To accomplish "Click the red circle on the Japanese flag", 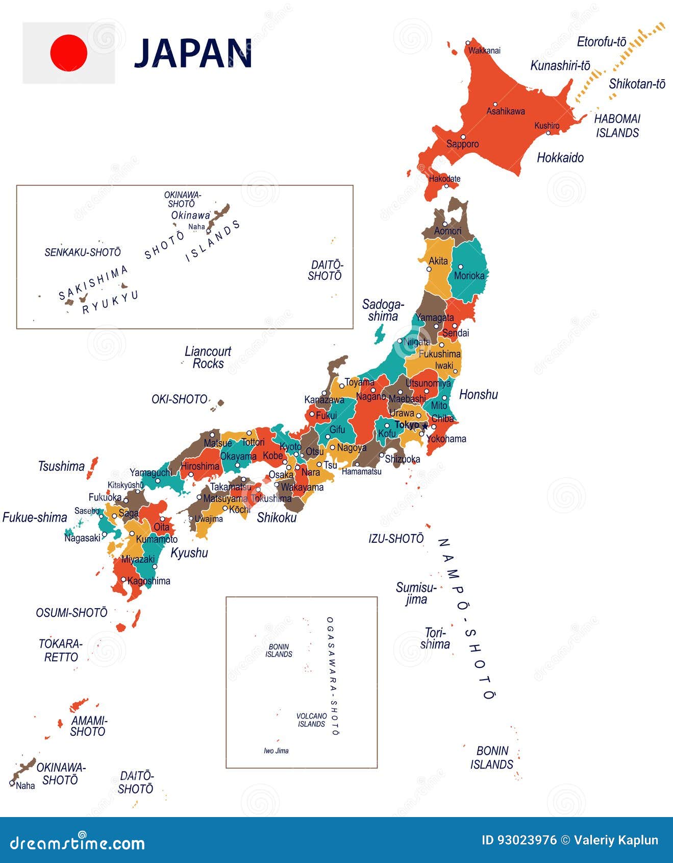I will pos(68,53).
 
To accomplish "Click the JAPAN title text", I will pos(193,53).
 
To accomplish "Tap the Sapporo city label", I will pos(462,144).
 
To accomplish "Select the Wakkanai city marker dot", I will pos(468,43).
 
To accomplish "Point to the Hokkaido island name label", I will pos(560,158).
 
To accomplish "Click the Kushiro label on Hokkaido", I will pos(546,126).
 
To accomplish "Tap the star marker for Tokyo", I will pos(425,425).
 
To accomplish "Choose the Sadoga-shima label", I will pos(383,310).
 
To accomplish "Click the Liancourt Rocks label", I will pos(208,357).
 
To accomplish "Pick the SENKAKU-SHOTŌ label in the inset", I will pos(83,252).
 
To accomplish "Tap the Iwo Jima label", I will pos(276,751).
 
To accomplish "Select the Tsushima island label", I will pos(61,466).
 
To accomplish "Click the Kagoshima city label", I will pos(148,581).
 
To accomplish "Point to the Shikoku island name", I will pos(277,518).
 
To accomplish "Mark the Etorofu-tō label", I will pos(601,42).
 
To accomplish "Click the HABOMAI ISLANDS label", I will pos(617,126).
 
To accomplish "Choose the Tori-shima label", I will pos(435,638).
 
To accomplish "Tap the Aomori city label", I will pos(447,231).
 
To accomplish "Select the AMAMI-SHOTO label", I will pos(88,726).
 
